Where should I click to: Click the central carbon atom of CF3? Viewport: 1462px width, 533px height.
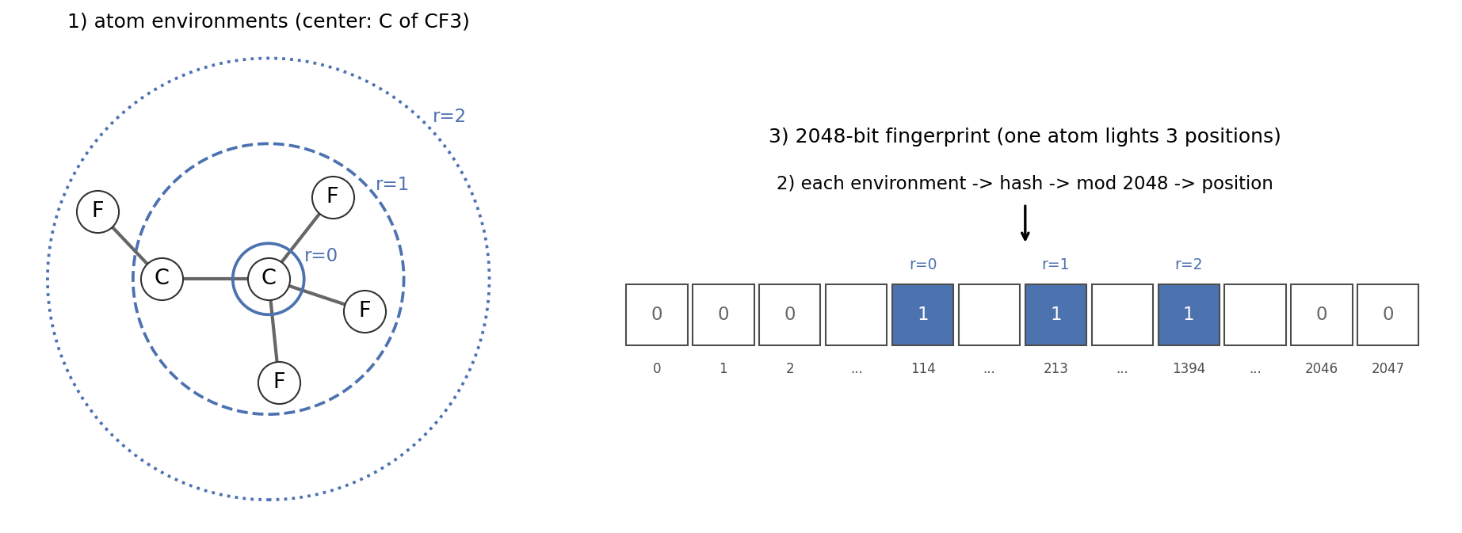coord(269,279)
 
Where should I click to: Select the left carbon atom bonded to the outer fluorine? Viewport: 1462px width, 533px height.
coord(162,279)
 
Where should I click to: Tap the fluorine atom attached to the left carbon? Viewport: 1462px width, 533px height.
coord(97,211)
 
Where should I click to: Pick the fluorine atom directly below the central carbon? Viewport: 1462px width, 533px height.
coord(279,383)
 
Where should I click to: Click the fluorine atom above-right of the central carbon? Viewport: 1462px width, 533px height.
coord(333,197)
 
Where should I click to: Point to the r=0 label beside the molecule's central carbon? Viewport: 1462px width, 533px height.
coord(321,256)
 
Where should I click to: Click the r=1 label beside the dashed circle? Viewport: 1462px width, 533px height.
coord(392,185)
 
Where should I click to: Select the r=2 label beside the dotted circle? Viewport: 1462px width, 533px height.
coord(449,116)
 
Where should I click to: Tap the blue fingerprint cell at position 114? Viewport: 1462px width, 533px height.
coord(922,314)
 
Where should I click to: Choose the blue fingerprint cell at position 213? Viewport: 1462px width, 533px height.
coord(1055,314)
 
